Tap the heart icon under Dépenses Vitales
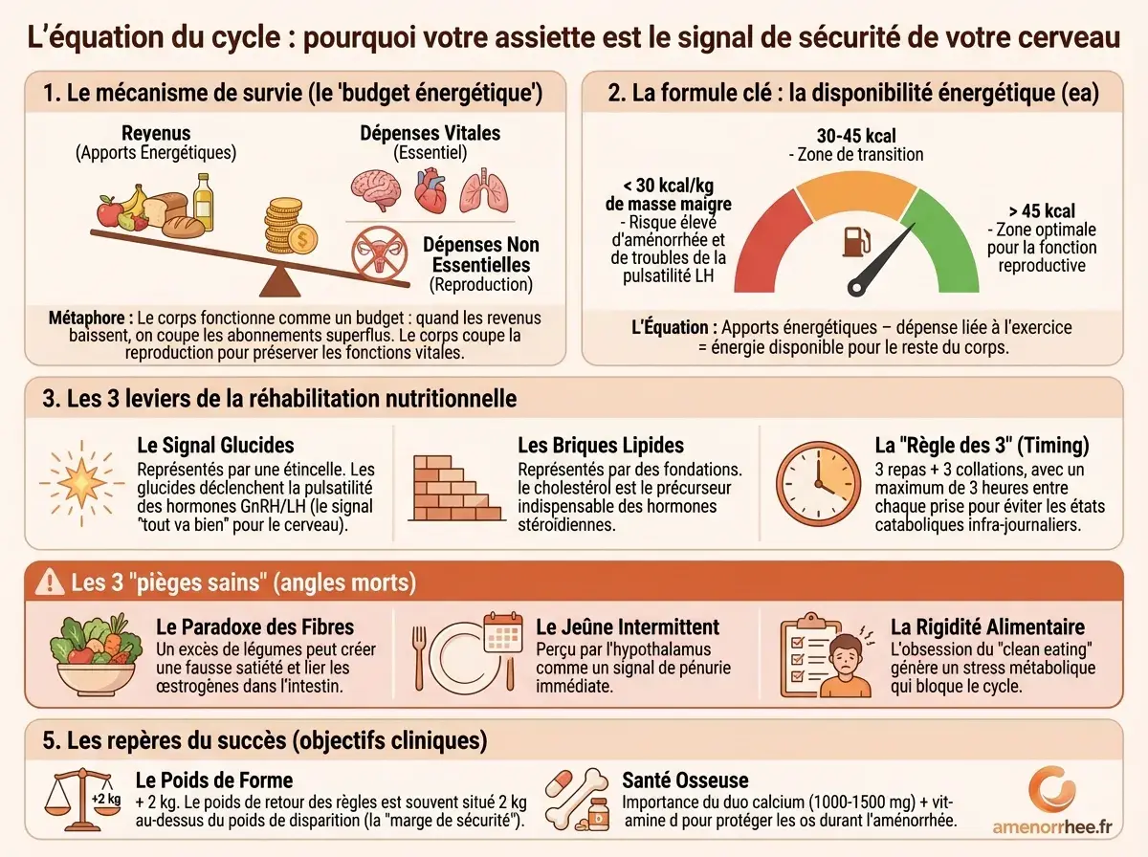click(x=430, y=191)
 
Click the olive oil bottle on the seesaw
click(x=203, y=200)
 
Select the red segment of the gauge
click(x=763, y=239)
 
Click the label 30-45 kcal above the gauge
click(x=856, y=136)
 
